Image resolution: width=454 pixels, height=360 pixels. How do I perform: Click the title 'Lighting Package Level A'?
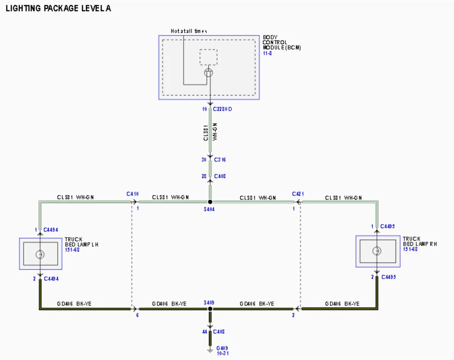(x=58, y=8)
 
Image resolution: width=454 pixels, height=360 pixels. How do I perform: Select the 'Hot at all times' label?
(x=189, y=31)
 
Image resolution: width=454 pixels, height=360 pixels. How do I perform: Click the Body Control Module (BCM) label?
(x=281, y=42)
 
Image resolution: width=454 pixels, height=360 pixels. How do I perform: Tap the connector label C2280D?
(x=222, y=109)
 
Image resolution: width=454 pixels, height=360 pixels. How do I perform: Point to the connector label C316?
(x=220, y=159)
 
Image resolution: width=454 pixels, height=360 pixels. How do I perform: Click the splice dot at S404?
(x=210, y=202)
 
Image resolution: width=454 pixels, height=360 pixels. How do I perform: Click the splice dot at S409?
(x=210, y=309)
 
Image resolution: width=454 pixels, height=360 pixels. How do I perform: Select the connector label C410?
(x=132, y=194)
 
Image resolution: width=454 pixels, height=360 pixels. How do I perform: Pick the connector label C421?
(x=298, y=194)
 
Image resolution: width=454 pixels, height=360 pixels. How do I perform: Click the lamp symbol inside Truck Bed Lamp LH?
(x=40, y=254)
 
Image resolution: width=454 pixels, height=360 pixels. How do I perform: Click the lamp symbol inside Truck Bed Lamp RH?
(x=377, y=251)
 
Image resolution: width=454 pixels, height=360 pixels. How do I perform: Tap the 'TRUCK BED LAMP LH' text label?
(x=81, y=242)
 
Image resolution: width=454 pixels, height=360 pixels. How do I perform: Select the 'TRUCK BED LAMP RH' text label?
(x=419, y=241)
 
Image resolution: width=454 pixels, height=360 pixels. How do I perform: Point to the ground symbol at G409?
(x=210, y=351)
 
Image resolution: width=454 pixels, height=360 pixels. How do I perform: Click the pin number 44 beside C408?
(x=204, y=332)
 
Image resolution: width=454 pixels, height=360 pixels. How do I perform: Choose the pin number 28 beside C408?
(x=204, y=176)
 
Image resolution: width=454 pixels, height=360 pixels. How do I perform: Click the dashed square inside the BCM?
(x=208, y=57)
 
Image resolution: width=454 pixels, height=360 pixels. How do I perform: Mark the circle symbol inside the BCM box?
(x=208, y=72)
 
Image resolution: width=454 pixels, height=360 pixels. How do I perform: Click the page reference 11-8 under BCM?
(x=267, y=53)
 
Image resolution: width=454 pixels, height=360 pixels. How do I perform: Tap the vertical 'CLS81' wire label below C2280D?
(x=206, y=133)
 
